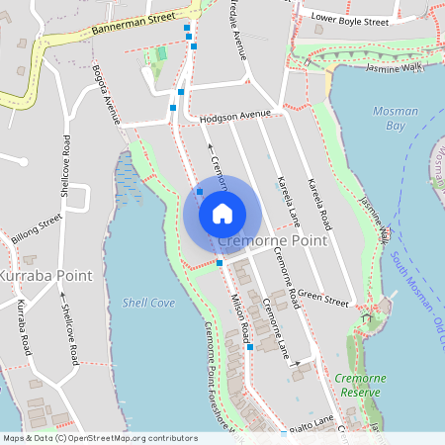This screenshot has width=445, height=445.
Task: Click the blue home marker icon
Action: point(222,214)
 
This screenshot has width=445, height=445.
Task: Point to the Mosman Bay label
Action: point(395,119)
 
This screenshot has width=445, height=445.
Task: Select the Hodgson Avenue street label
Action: point(234,116)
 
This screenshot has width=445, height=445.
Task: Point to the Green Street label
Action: point(324,295)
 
